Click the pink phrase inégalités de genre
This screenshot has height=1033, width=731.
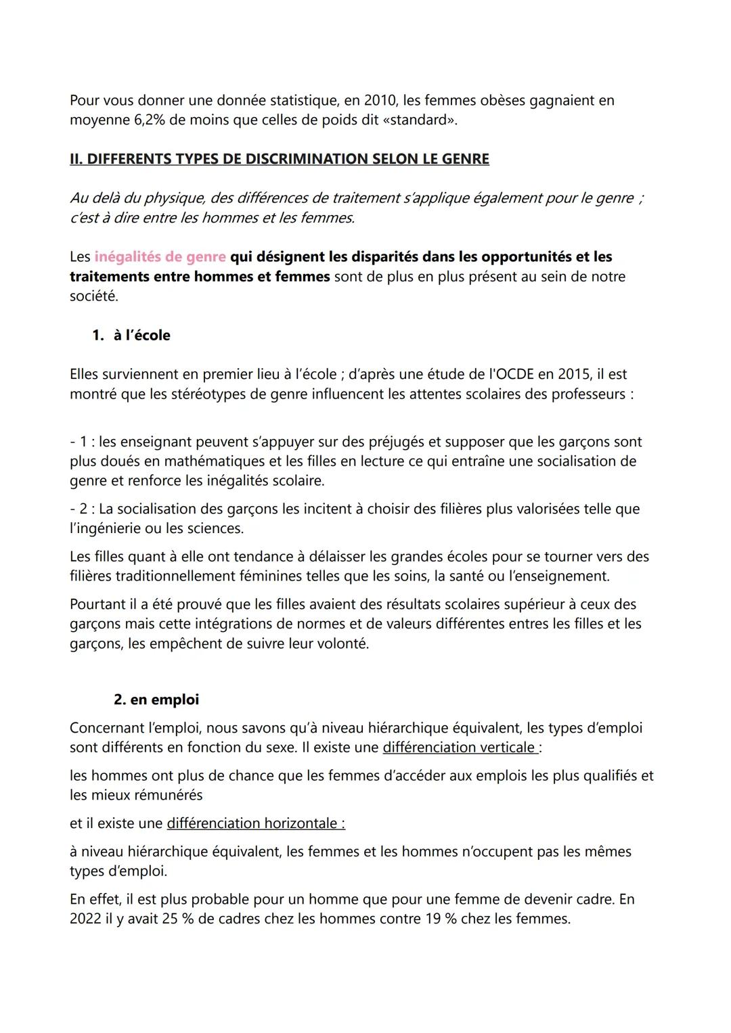pyautogui.click(x=160, y=257)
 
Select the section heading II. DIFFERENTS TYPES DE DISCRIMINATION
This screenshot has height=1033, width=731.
pyautogui.click(x=279, y=159)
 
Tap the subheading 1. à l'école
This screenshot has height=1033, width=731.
pyautogui.click(x=131, y=336)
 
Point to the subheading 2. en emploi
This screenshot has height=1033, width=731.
pyautogui.click(x=156, y=699)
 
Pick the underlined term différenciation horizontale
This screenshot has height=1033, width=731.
pyautogui.click(x=256, y=823)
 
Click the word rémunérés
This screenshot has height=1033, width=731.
pyautogui.click(x=167, y=796)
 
